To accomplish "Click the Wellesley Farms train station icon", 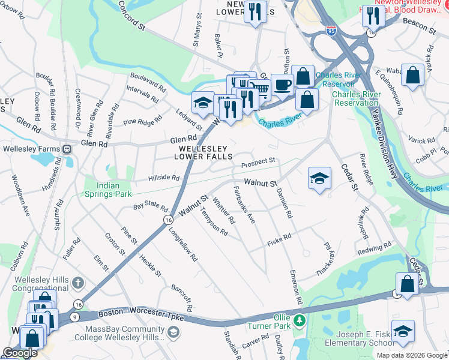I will (67, 149).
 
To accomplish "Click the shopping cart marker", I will (260, 89).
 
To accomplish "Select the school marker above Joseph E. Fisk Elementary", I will (403, 330).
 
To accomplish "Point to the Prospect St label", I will (258, 162).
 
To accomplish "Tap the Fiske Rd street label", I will (279, 238).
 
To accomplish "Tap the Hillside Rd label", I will (164, 178).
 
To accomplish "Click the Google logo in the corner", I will (19, 353).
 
